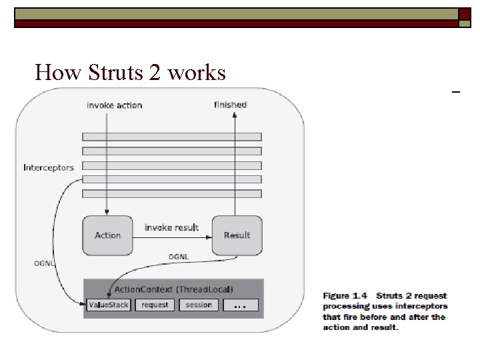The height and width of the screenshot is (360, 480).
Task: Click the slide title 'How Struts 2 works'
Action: coord(130,72)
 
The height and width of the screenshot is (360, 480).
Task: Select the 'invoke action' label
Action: coord(114,105)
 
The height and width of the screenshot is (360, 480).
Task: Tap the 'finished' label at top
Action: coord(230,105)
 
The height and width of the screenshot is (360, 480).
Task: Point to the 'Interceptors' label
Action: coord(48,167)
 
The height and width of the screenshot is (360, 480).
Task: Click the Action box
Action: coord(107,235)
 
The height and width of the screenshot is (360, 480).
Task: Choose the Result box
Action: coord(237,235)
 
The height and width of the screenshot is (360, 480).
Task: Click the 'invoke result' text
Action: coord(171,227)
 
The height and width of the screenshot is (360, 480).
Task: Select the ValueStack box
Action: coord(108,305)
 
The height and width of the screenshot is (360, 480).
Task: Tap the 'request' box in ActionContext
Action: coord(155,305)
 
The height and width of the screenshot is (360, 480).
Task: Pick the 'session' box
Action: coord(199,305)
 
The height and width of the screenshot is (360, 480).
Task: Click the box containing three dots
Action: coord(241,305)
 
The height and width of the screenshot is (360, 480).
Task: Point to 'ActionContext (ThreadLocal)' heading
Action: coord(173,290)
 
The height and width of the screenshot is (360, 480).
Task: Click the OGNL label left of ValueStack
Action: coord(44,263)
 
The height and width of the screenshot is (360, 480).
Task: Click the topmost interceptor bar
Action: coord(171,137)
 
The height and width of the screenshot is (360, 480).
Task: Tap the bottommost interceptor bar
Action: coord(171,194)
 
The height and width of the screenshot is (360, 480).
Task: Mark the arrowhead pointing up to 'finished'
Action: coord(235,115)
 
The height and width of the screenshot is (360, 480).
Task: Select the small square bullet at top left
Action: coord(19,13)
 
